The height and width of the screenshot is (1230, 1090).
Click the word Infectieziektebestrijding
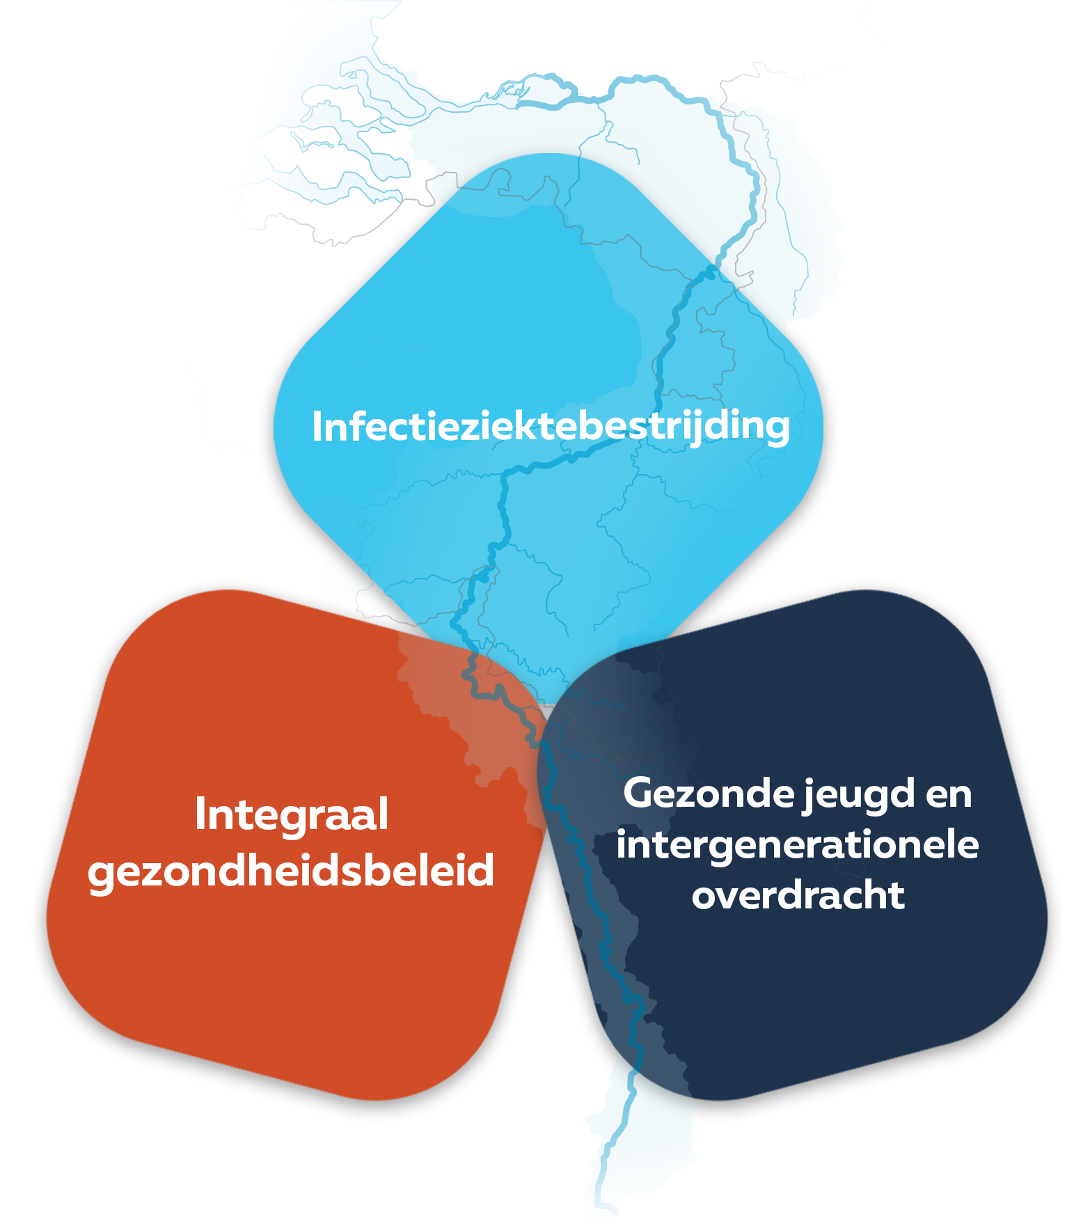click(551, 426)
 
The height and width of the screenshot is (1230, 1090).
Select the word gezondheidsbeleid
click(291, 871)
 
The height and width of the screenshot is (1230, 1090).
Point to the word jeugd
click(860, 796)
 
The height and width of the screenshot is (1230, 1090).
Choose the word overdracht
click(798, 894)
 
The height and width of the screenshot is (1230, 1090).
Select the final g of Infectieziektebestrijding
click(776, 431)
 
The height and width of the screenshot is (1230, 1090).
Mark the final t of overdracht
click(896, 896)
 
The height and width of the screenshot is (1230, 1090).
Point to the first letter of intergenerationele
click(622, 844)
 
